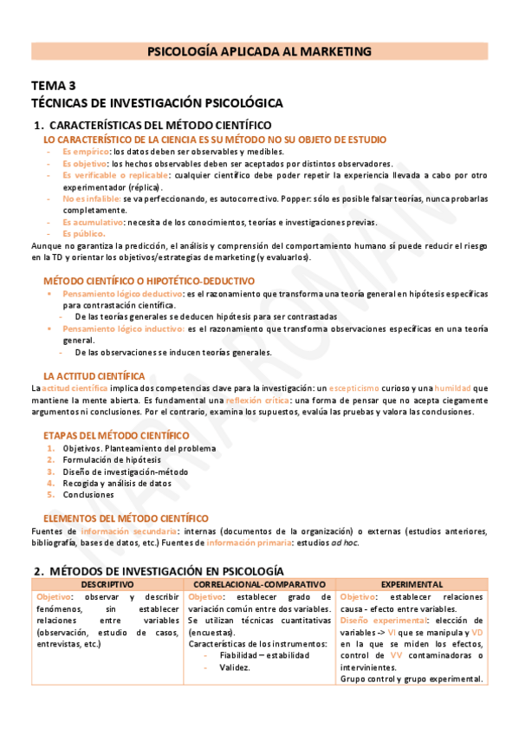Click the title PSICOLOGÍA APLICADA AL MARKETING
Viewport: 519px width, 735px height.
[259, 52]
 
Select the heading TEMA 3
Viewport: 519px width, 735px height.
[54, 85]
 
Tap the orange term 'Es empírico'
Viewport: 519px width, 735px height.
[86, 152]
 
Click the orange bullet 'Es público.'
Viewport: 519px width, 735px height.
[83, 234]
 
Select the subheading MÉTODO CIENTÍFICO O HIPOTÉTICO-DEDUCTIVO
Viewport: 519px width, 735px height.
[149, 281]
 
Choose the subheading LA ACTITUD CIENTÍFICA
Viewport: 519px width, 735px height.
[94, 376]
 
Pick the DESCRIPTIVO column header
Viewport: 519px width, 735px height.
[107, 585]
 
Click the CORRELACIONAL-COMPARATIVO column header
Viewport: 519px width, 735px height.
[260, 585]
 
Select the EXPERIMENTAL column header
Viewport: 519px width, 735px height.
[412, 585]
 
